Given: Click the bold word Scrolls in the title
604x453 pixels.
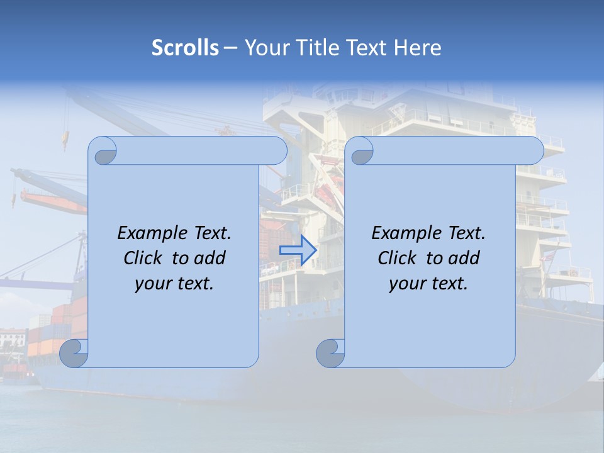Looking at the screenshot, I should [186, 47].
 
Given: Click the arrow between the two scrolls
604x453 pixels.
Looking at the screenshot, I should [298, 250].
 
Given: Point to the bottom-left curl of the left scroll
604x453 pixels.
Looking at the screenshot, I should [74, 353].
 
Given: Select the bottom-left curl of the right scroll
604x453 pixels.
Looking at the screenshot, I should [330, 353].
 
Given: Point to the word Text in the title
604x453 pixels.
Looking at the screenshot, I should [365, 47].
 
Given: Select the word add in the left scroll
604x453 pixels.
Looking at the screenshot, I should [211, 258].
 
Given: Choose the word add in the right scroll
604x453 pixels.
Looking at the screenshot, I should [465, 258].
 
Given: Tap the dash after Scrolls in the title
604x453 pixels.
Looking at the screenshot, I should [230, 48].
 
